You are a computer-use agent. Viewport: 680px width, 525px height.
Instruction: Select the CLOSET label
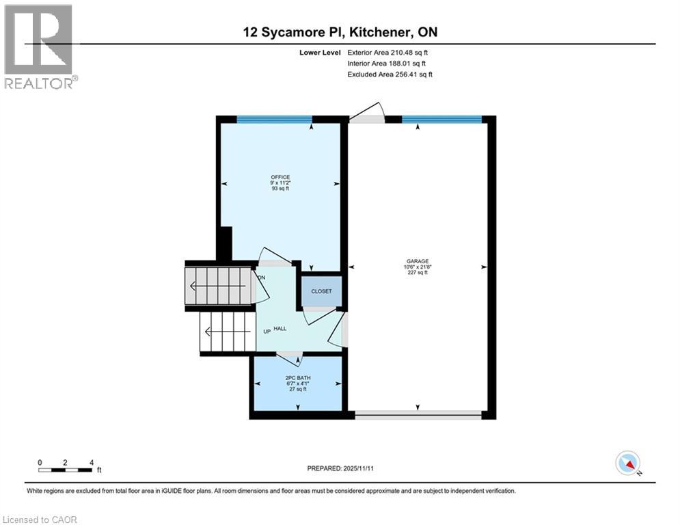[x=321, y=291]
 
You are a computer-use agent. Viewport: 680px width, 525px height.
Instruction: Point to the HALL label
[x=280, y=329]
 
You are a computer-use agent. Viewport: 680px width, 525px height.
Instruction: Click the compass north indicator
[x=627, y=464]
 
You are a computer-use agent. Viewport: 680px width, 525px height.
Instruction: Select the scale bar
[x=66, y=469]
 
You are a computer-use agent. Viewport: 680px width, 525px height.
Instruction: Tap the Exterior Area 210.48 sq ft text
[x=387, y=52]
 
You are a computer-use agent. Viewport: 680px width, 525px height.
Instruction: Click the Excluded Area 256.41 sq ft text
[x=390, y=74]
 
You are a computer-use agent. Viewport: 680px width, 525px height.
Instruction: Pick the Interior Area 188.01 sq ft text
[x=387, y=63]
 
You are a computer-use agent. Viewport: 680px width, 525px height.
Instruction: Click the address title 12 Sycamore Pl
[x=340, y=31]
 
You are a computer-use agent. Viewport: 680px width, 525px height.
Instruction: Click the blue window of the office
[x=274, y=119]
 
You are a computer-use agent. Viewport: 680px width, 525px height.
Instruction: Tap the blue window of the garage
[x=441, y=119]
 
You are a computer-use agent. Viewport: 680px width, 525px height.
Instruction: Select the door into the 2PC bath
[x=290, y=355]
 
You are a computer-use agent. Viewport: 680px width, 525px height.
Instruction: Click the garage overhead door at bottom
[x=418, y=413]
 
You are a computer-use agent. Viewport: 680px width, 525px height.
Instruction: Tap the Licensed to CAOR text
[x=40, y=520]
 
